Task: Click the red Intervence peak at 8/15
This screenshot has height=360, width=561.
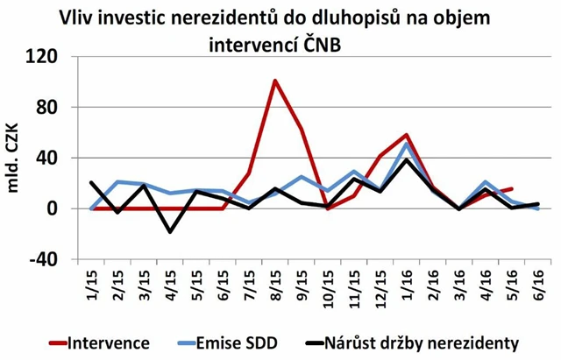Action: (274, 81)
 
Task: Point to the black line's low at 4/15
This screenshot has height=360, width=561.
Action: (170, 231)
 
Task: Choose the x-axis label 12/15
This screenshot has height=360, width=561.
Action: (380, 288)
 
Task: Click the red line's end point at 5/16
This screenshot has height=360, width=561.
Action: (512, 188)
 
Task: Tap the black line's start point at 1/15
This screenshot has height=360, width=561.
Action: (92, 183)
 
